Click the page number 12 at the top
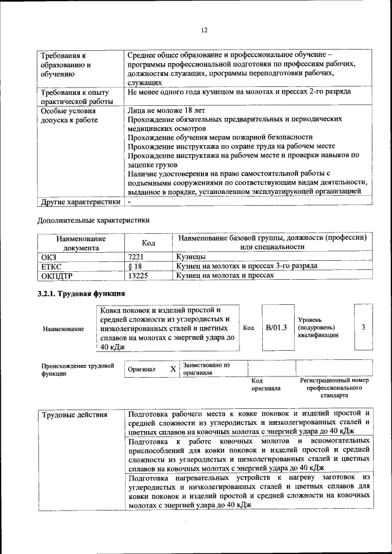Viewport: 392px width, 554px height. (x=205, y=30)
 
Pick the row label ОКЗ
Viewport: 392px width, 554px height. (x=49, y=257)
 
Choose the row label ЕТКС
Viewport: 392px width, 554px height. (x=51, y=266)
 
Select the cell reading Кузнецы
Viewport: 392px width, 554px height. (x=192, y=257)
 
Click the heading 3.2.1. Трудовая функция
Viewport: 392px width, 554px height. (x=81, y=294)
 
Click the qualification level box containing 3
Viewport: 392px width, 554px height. (x=363, y=328)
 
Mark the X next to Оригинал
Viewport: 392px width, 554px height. (x=173, y=369)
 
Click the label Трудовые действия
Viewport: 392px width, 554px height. (x=74, y=415)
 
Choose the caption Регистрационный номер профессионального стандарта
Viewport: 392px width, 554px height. (x=334, y=388)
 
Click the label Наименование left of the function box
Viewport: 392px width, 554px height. (x=64, y=329)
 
